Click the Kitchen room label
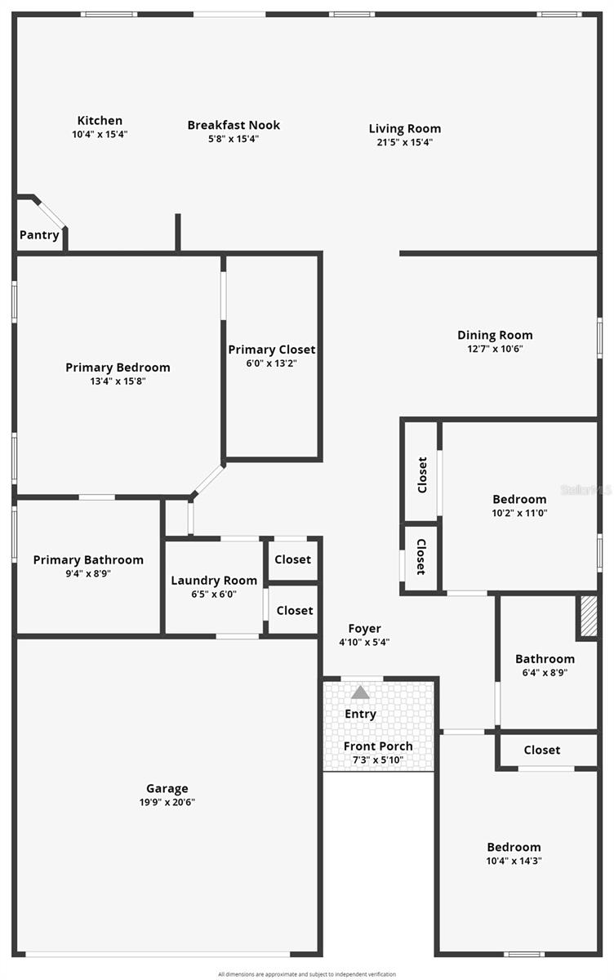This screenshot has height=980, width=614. coord(100,121)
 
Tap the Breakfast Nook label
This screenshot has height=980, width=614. coord(234,125)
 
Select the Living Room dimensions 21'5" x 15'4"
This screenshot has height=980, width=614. coord(405,142)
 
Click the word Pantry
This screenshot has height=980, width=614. coord(39,235)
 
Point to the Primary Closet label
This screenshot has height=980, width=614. coord(272,350)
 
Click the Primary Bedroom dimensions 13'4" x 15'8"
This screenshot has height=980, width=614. coord(118,381)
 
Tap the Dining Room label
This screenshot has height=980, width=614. coord(495,335)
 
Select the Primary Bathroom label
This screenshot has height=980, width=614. coord(88,559)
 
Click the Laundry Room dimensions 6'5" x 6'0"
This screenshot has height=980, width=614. coord(214,595)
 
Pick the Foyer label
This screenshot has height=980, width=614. coord(364,628)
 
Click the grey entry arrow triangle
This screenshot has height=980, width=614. coord(360,693)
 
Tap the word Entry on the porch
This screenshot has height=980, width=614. coord(360,714)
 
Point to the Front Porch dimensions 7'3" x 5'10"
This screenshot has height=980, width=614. coord(378,760)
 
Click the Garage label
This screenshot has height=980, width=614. coord(167,788)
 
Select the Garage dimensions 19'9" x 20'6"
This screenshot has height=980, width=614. coord(167,802)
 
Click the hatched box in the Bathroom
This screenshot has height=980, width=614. coord(588,617)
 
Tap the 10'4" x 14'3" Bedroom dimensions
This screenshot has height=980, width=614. coord(514,861)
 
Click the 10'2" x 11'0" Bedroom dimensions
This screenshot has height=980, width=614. coord(519,513)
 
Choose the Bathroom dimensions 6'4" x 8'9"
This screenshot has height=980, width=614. coord(545,673)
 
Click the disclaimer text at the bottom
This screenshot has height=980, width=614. coord(307,973)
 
